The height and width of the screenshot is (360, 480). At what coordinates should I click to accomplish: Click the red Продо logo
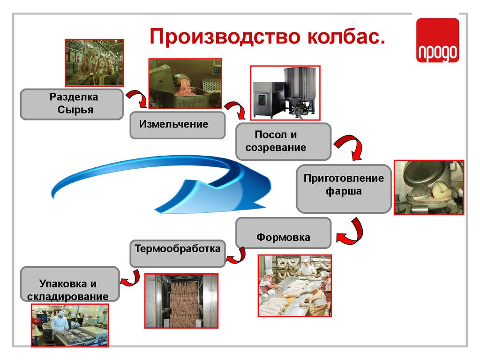437,40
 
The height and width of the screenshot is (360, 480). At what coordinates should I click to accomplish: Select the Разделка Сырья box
71,104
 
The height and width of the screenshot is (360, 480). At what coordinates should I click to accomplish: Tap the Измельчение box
177,125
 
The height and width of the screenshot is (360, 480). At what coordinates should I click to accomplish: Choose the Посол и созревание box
283,142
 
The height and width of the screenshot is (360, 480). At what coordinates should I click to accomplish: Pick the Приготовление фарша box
344,188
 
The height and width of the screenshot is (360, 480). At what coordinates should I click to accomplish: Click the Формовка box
283,233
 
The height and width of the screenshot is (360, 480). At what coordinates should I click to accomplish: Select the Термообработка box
177,252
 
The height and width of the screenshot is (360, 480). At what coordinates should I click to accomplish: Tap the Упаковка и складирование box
69,284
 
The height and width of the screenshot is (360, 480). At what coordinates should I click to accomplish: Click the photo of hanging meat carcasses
94,62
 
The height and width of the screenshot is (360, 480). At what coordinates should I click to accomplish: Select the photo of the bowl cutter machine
428,187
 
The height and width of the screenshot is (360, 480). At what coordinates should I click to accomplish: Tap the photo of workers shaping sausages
294,285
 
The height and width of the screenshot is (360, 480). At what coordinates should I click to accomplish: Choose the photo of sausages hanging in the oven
181,301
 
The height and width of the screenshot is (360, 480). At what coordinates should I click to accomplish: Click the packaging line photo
69,325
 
